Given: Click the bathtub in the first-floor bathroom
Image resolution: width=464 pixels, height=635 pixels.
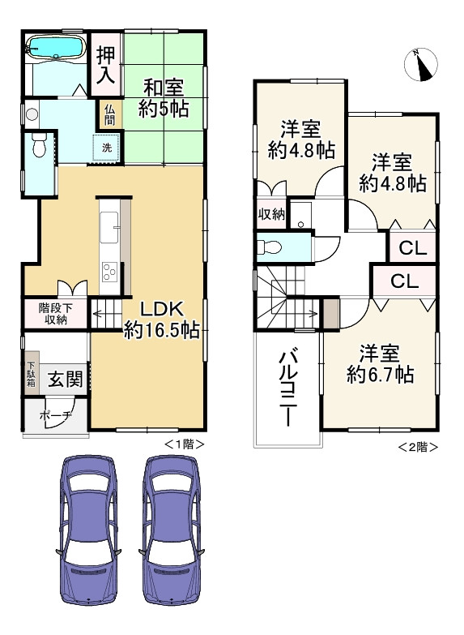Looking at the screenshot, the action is (x=56, y=47).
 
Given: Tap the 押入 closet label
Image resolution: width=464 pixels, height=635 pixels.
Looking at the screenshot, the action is (x=105, y=65).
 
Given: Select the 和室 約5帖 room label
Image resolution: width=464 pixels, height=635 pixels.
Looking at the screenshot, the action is (x=164, y=98).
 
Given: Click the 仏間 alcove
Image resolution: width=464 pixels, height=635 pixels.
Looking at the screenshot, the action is (x=109, y=114).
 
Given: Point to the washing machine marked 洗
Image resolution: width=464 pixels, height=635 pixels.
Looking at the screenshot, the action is (x=107, y=148).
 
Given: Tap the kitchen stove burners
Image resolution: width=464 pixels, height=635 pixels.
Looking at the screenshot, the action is (x=109, y=272).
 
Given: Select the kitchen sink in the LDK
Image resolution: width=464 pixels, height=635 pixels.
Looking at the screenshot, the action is (x=109, y=227).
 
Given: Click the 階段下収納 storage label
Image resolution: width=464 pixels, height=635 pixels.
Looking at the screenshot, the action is (x=55, y=314).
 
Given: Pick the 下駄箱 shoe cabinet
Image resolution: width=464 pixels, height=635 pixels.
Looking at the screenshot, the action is (x=31, y=373).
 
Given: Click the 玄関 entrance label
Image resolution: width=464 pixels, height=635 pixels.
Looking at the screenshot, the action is (x=65, y=379).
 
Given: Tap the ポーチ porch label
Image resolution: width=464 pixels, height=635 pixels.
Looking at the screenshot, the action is (x=55, y=415).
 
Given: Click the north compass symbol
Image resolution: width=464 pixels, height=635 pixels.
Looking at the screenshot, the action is (x=421, y=64).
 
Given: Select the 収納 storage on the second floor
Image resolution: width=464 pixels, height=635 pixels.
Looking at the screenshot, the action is (x=272, y=214).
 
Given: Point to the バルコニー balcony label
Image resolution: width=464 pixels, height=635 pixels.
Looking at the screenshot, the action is (x=287, y=389).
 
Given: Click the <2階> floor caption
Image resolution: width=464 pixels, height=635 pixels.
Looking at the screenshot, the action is (x=419, y=447).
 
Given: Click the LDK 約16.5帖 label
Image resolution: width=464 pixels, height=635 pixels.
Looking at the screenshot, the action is (x=162, y=320).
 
